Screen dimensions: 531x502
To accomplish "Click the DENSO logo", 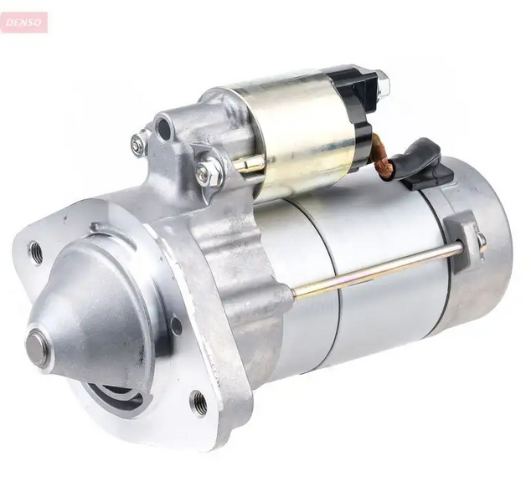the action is [x=23, y=23].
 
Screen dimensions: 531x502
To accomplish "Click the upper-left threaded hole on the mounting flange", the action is [x=36, y=253].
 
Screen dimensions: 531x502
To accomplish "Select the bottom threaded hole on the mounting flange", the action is [x=198, y=400].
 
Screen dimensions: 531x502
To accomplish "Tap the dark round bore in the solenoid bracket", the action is [x=165, y=129].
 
